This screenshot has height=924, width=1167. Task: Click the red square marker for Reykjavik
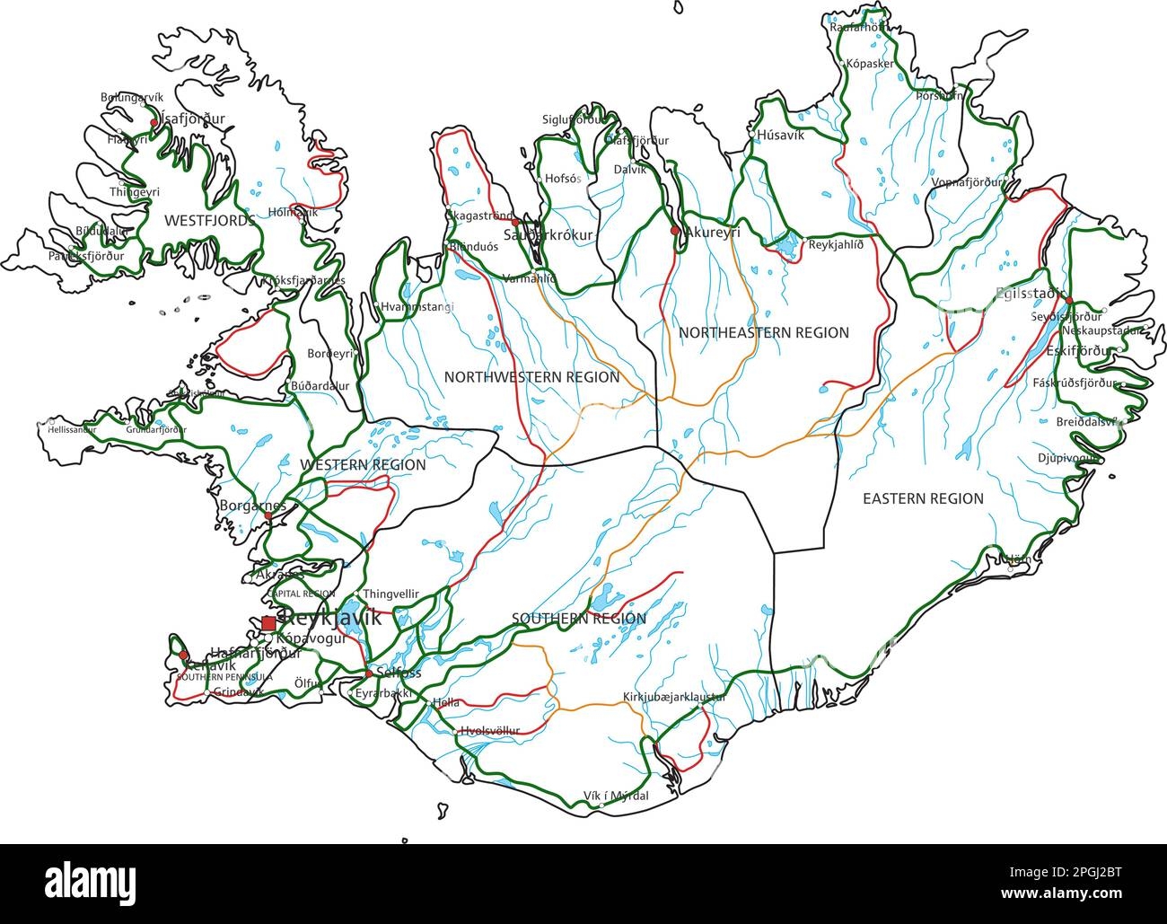(x=268, y=623)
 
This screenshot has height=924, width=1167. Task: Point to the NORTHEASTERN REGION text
(x=763, y=332)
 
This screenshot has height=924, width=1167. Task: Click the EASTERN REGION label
(x=923, y=498)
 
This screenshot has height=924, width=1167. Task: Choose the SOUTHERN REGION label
(x=578, y=619)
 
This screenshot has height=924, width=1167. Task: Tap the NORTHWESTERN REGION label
(x=531, y=377)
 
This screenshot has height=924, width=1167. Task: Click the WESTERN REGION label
(x=363, y=465)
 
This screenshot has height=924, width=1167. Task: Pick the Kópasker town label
(x=869, y=65)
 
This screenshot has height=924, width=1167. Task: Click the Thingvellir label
(x=391, y=594)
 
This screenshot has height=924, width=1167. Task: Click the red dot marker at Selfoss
(x=368, y=673)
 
